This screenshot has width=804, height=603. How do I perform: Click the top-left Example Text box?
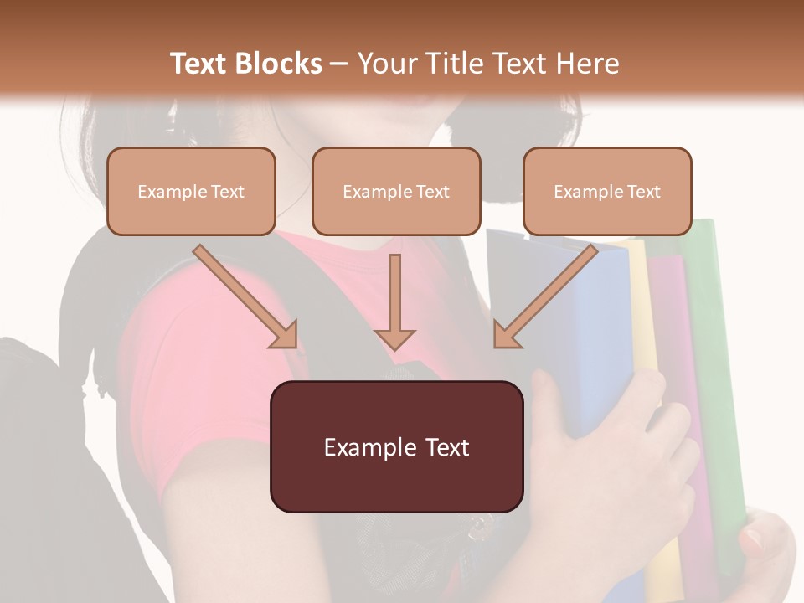tap(191, 191)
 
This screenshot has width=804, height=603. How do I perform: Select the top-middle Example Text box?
tap(396, 191)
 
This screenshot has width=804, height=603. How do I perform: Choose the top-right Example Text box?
tap(607, 191)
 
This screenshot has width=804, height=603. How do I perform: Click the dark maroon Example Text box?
tap(396, 446)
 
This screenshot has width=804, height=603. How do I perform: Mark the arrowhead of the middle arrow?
tap(394, 338)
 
